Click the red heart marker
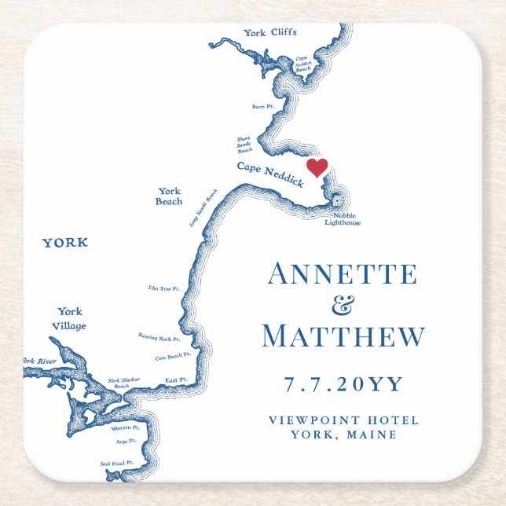click(x=317, y=167)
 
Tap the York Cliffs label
click(x=270, y=32)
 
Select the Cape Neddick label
click(x=270, y=174)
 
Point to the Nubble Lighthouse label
click(x=343, y=219)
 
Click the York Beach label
click(x=169, y=196)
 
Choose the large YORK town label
click(x=65, y=243)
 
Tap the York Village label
click(x=71, y=318)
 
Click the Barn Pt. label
click(x=262, y=106)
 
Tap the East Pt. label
click(x=176, y=380)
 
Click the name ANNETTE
click(x=342, y=274)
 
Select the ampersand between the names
click(x=343, y=305)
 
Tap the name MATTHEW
click(x=343, y=337)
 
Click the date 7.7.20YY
click(x=343, y=384)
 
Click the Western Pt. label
click(x=125, y=428)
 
